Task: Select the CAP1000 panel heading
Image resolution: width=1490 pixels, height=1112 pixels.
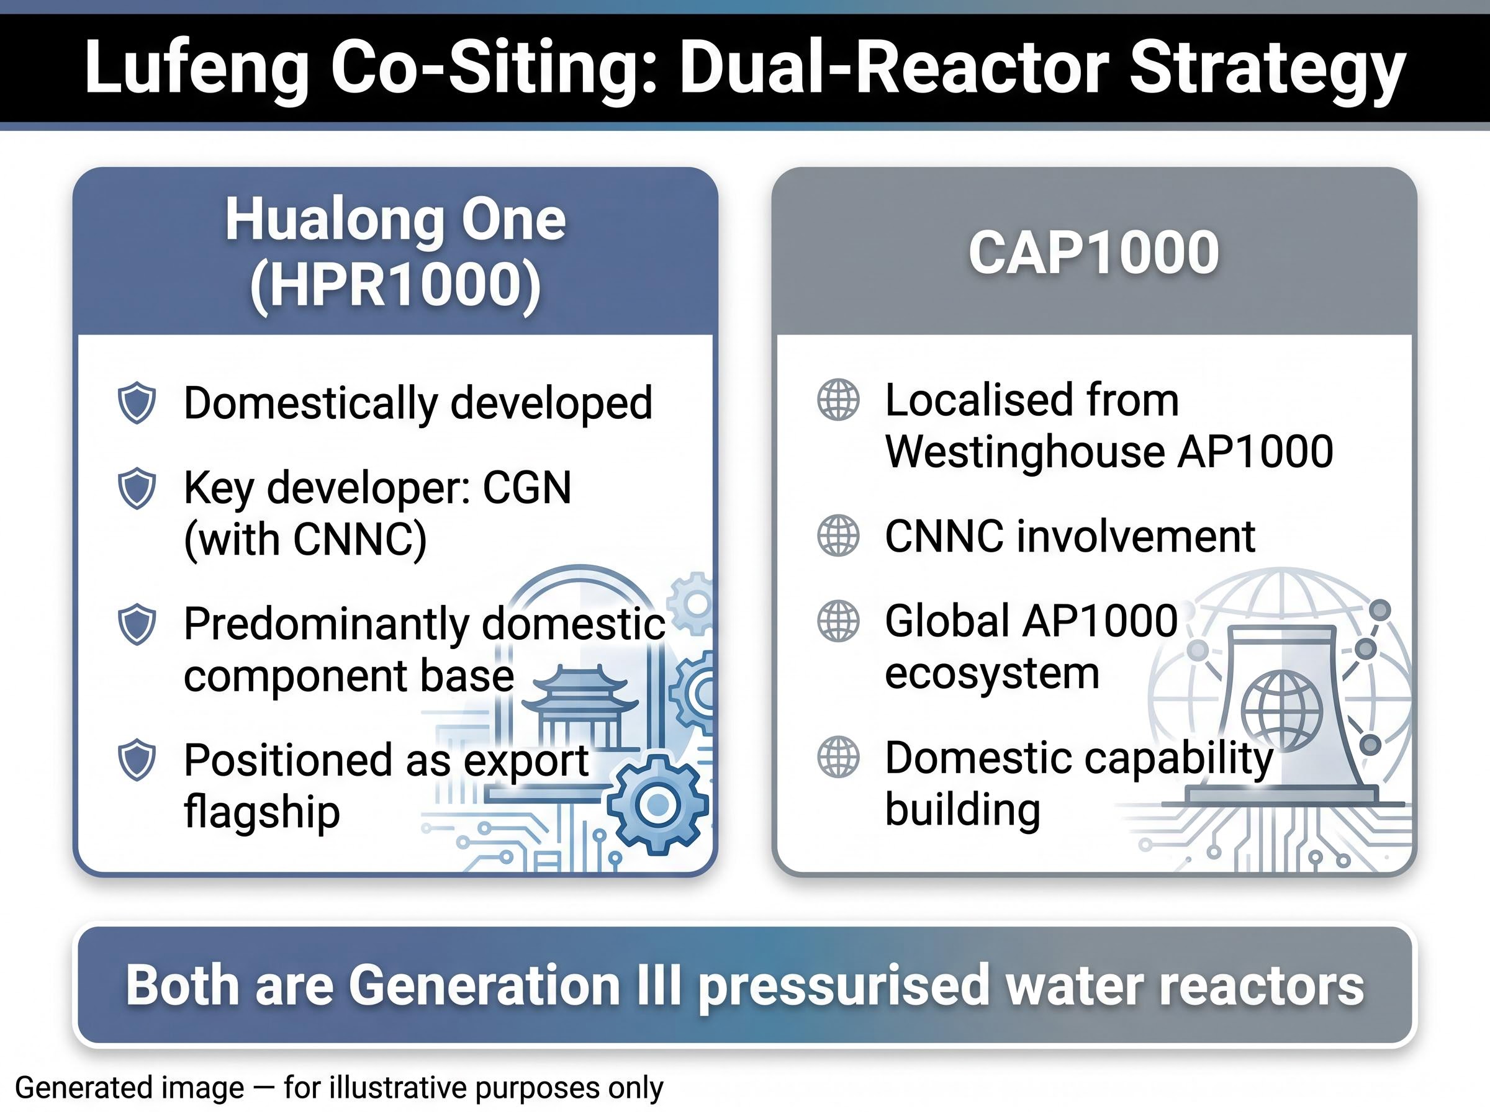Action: pos(1093,253)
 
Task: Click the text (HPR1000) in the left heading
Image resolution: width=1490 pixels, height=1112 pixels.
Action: pos(395,285)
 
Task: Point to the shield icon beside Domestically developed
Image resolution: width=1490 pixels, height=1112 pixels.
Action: pos(137,403)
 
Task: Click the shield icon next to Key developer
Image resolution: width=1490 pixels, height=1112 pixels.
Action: pos(137,488)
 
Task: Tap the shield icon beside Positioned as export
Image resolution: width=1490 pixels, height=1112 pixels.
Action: pos(137,760)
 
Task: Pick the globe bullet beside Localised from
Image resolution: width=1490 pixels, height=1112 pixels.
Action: pos(838,400)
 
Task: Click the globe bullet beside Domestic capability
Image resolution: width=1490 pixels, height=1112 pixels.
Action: pos(838,756)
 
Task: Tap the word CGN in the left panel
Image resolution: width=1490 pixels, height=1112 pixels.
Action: pos(526,487)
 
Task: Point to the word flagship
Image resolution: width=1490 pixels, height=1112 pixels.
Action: pos(262,812)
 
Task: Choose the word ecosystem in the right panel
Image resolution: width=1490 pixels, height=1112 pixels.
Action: pos(991,673)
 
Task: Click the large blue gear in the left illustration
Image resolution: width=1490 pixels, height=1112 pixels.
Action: pos(658,804)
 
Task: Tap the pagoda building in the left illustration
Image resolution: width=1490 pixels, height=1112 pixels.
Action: pos(580,708)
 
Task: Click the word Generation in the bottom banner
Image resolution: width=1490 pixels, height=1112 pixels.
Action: pos(484,985)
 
